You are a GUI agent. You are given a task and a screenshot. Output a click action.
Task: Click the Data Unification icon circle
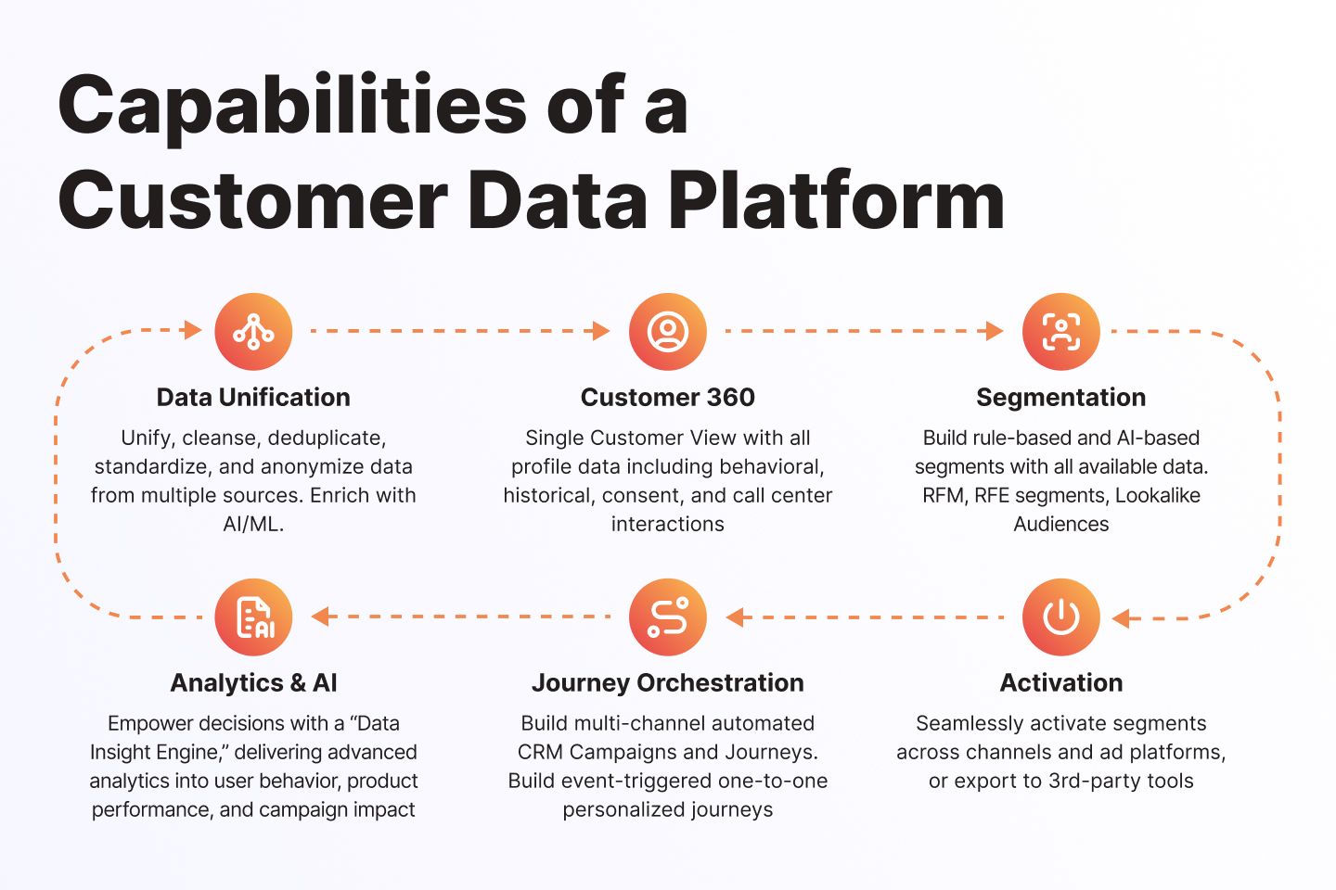pyautogui.click(x=253, y=332)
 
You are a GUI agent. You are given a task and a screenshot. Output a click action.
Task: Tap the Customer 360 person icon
pyautogui.click(x=667, y=332)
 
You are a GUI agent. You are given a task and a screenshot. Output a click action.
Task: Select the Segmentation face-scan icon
pyautogui.click(x=1060, y=332)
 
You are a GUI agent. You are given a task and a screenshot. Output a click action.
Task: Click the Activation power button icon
pyautogui.click(x=1060, y=617)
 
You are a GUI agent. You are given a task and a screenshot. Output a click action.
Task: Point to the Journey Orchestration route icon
pyautogui.click(x=667, y=617)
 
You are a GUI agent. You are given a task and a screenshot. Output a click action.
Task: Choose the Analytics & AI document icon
pyautogui.click(x=253, y=617)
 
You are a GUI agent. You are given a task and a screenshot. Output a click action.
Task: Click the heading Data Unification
pyautogui.click(x=253, y=398)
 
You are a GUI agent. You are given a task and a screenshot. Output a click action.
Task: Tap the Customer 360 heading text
pyautogui.click(x=667, y=398)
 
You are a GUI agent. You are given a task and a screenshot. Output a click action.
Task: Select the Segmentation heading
pyautogui.click(x=1060, y=398)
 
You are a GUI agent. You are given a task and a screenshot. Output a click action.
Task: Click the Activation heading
pyautogui.click(x=1060, y=683)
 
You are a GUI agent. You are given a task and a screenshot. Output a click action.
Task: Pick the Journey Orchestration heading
pyautogui.click(x=667, y=683)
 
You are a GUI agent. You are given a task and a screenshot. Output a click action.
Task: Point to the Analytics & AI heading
pyautogui.click(x=253, y=683)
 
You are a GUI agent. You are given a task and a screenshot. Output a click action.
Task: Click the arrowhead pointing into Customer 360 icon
pyautogui.click(x=601, y=331)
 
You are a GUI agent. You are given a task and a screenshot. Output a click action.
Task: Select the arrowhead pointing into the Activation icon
pyautogui.click(x=1121, y=618)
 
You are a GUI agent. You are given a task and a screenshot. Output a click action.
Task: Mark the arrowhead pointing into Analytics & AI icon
pyautogui.click(x=320, y=617)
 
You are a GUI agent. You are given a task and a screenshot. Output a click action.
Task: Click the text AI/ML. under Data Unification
pyautogui.click(x=253, y=524)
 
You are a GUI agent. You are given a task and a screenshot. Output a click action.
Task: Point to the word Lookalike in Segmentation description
pyautogui.click(x=1157, y=495)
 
